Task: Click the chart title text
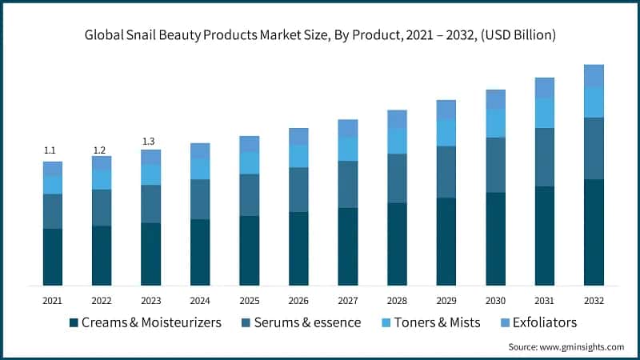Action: coord(320,36)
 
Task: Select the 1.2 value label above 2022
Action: coord(101,150)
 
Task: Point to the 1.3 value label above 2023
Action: coord(150,142)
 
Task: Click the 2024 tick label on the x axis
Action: coord(199,301)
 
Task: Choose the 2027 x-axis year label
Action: coord(347,301)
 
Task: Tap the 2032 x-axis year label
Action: coord(594,301)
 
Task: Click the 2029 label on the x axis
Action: coord(446,301)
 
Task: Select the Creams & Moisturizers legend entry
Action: coord(145,322)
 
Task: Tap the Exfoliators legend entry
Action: coord(533,322)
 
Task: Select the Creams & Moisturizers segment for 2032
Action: coord(594,232)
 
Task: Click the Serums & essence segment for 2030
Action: coord(495,165)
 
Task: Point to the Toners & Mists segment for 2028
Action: coord(397,141)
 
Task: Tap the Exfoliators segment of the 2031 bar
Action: coord(545,88)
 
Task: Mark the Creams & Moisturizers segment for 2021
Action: coord(52,257)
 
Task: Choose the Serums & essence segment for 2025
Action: coord(249,194)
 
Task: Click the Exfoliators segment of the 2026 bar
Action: coord(298,136)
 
